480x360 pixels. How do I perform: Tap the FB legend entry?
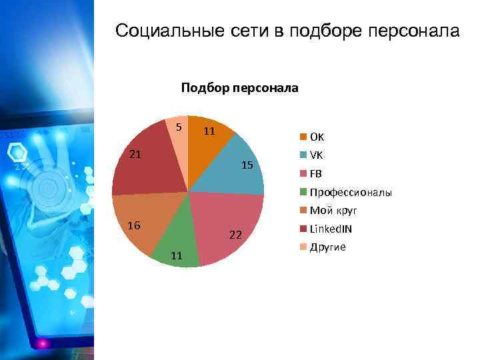tap(315, 174)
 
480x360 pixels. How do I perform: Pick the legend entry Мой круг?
tap(333, 211)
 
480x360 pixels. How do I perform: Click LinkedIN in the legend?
tap(331, 229)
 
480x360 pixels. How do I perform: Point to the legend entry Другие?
tap(327, 247)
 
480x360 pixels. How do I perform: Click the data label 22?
tap(235, 235)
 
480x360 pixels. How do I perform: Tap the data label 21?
tap(135, 155)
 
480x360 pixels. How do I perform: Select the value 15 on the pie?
tap(247, 165)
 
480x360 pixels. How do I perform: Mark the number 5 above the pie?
tap(179, 127)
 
